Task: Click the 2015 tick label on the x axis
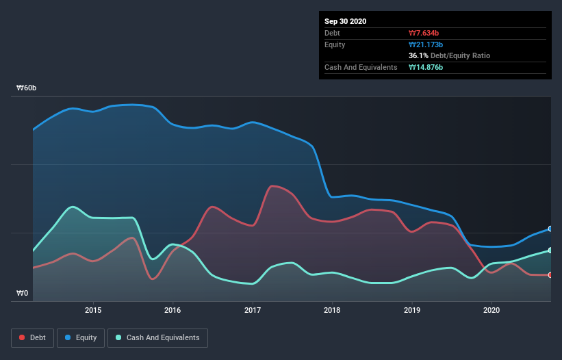(x=93, y=310)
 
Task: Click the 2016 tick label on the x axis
(x=173, y=310)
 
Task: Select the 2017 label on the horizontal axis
(x=253, y=310)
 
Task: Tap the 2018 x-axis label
(x=332, y=310)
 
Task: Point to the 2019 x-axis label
(x=412, y=310)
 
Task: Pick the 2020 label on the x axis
(x=491, y=310)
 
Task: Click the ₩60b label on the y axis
(x=27, y=88)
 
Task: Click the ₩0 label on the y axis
(x=23, y=294)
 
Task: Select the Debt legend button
(x=31, y=337)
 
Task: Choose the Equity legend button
(x=81, y=337)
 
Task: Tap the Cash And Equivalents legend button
(x=157, y=337)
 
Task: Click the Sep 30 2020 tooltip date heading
(x=346, y=21)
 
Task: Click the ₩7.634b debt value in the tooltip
(x=424, y=33)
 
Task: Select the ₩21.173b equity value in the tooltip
(x=426, y=44)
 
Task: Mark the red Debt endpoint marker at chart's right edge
(x=550, y=275)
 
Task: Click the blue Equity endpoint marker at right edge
(x=550, y=229)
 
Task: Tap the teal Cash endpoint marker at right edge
(x=550, y=250)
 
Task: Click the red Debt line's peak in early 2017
(x=273, y=185)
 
